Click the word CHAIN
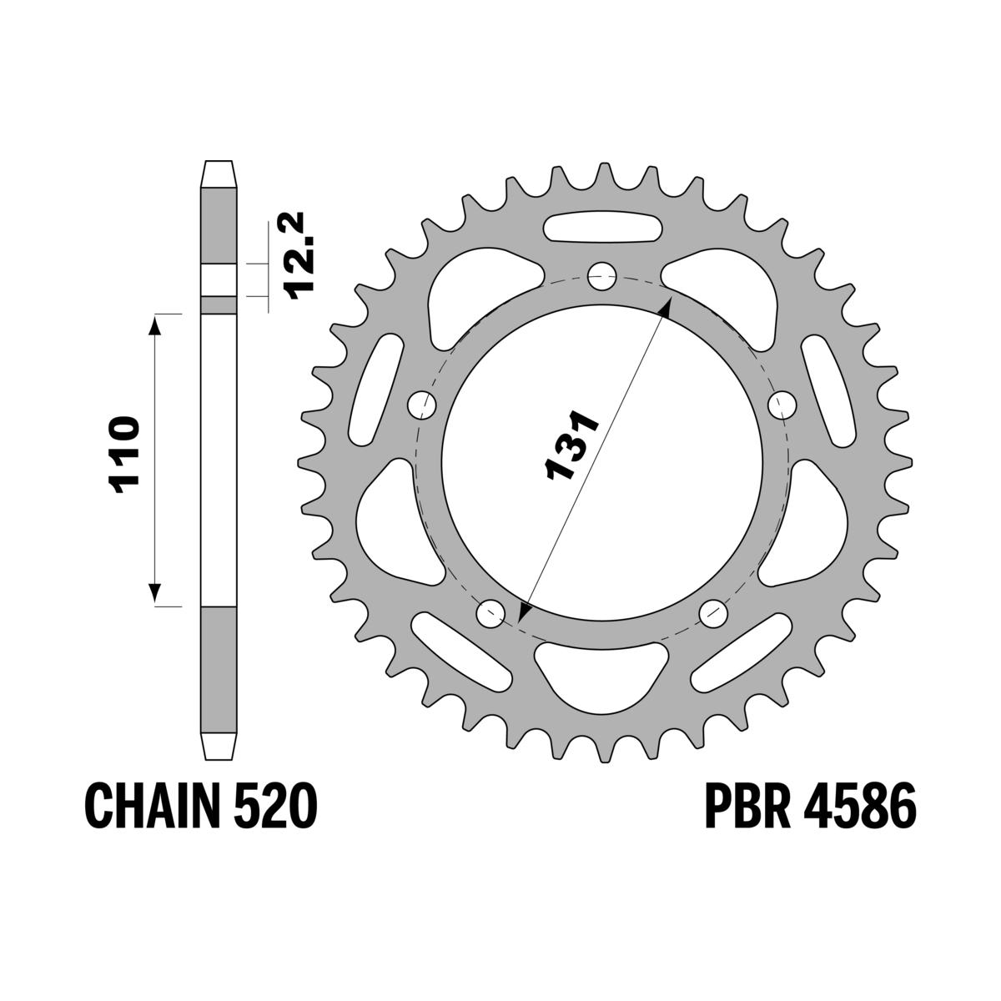click(148, 807)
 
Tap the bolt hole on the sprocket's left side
click(423, 405)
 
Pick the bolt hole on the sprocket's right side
click(782, 405)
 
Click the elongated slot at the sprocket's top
click(602, 228)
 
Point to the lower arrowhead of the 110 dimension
click(154, 594)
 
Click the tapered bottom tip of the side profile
click(218, 746)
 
